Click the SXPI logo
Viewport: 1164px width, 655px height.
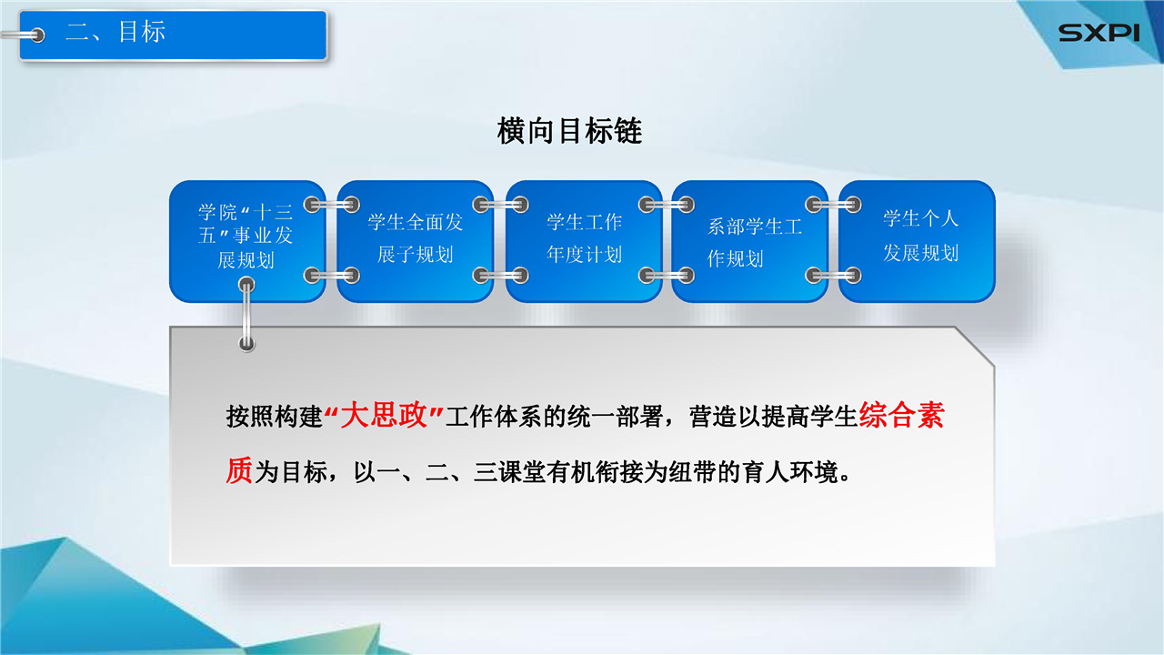tap(1099, 33)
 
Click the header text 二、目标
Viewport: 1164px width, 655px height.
tap(115, 32)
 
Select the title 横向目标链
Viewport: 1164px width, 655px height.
tap(569, 130)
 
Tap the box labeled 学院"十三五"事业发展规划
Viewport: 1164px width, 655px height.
tap(247, 241)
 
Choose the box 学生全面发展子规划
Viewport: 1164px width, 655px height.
tap(416, 241)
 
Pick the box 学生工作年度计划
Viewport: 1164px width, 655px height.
tap(584, 241)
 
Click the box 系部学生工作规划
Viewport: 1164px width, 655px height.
tap(750, 241)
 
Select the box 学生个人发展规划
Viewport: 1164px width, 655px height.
tap(918, 241)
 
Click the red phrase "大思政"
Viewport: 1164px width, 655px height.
tap(384, 416)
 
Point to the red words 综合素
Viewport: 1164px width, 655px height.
tap(901, 416)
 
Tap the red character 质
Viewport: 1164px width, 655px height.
tap(239, 471)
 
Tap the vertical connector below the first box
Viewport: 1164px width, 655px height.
tap(246, 314)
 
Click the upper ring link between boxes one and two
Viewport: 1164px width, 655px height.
tap(332, 205)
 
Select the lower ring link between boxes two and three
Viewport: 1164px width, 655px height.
tap(500, 275)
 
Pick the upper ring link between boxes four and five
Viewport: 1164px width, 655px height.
tap(833, 205)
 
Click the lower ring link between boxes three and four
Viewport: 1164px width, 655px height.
tap(667, 275)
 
